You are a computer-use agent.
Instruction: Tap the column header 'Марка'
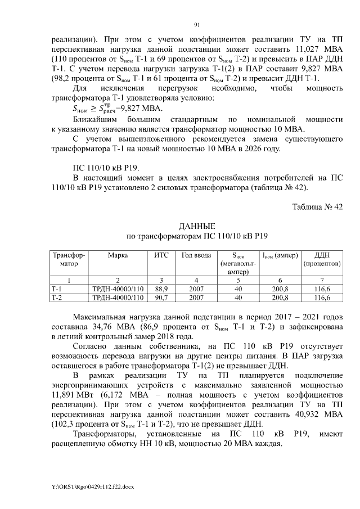tap(118, 255)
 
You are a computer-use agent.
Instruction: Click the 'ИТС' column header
tap(161, 255)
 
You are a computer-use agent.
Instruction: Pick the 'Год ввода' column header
tap(196, 255)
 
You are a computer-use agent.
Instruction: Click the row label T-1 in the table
tap(57, 289)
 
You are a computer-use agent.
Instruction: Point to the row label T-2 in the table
tap(57, 298)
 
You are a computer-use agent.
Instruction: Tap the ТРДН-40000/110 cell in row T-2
tap(118, 298)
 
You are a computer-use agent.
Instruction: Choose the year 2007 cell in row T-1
tap(196, 289)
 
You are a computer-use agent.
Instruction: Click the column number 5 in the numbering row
tap(238, 280)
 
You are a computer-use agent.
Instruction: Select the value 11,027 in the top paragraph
tap(305, 49)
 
